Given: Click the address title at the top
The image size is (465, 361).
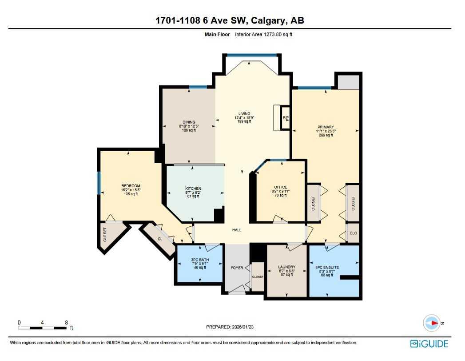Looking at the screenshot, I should coord(230,20).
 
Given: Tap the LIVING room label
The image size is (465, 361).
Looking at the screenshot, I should coord(244,114).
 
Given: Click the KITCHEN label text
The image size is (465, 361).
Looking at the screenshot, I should coord(193,189).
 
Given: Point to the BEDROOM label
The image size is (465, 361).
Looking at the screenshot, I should coord(131,186).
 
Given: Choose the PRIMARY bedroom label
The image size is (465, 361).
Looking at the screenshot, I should coord(326,127).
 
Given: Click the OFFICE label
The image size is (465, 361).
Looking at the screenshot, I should coord(280,187).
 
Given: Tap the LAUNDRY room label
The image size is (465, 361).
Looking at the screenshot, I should coord(286,267).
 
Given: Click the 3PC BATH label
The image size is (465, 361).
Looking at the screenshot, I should coord(200,260).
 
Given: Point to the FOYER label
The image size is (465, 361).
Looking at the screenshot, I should coord(237,268).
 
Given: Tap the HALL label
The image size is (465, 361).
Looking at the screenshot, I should coord(237,230).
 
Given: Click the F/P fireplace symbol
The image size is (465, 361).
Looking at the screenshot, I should coord(286,118).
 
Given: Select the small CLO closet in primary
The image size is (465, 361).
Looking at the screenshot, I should coord(353,233).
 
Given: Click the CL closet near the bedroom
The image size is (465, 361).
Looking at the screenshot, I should coord(160,239).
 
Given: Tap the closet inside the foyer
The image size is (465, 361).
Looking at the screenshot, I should coord(258,277).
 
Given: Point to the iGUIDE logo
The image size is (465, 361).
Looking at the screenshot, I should coord(429,343).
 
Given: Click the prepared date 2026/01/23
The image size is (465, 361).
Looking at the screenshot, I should coord(230,327).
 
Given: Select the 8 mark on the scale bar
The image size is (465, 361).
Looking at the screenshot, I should coord(66,322).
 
